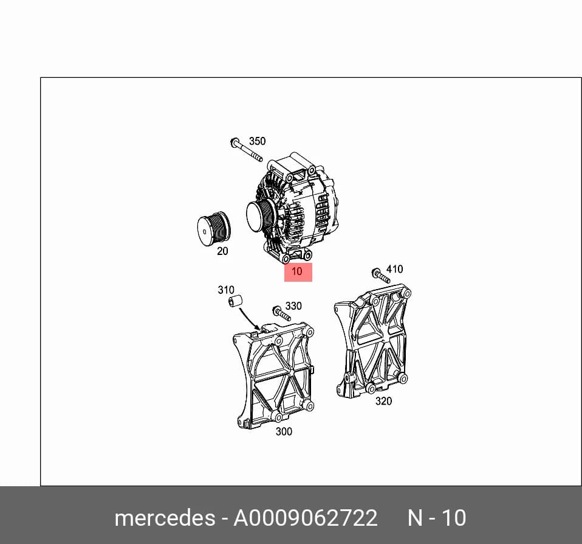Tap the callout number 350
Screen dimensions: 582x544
tap(257, 141)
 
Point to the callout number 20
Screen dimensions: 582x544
tap(222, 251)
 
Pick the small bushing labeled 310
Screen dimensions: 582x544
tap(235, 301)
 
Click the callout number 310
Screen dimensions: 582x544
tap(225, 290)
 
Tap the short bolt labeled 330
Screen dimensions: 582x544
tap(282, 313)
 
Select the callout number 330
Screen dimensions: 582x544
tap(293, 306)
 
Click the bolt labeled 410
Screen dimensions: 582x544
tap(380, 276)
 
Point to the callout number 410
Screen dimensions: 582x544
tap(394, 269)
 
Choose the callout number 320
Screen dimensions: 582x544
tap(383, 401)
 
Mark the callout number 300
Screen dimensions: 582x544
tap(284, 431)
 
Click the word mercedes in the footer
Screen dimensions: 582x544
tap(165, 518)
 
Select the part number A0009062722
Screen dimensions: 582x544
tap(305, 518)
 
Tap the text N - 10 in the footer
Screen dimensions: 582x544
tap(437, 518)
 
